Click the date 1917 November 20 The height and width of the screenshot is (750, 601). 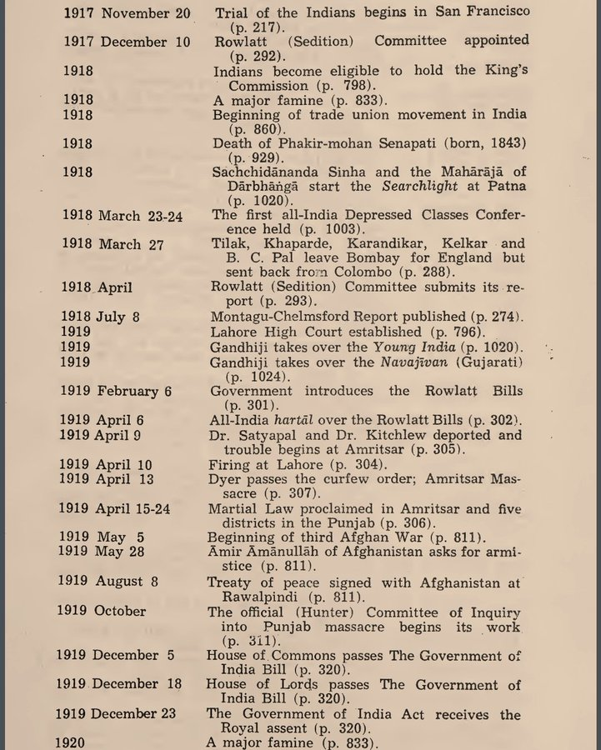coord(128,15)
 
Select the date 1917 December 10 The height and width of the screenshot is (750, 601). coord(127,41)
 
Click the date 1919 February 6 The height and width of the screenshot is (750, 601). coord(116,391)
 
